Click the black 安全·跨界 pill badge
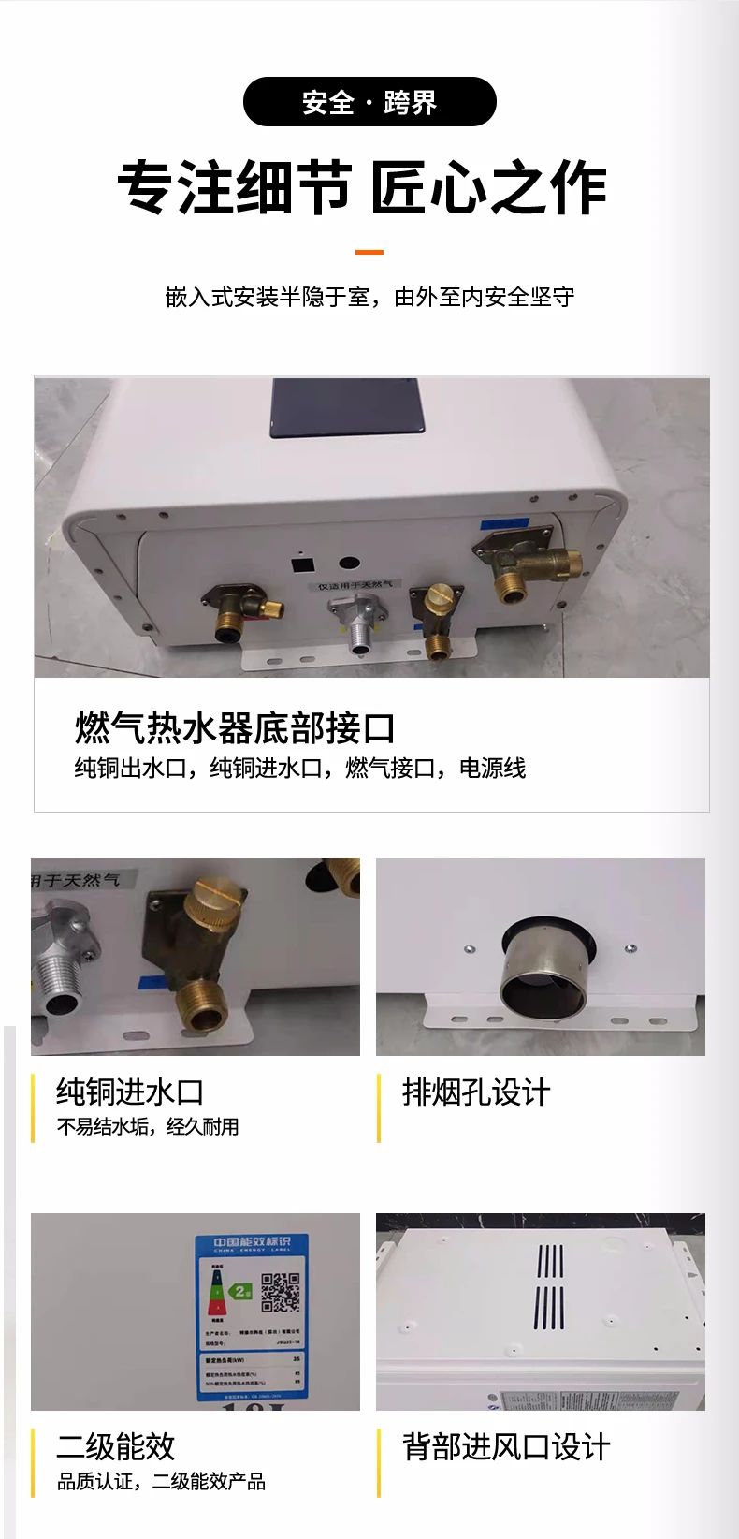(x=369, y=102)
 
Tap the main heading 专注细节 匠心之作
(x=363, y=188)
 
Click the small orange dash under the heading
(x=369, y=252)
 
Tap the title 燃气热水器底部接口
(x=235, y=728)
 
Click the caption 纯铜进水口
(x=130, y=1092)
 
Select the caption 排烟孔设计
(x=476, y=1092)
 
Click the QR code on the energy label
(x=280, y=1292)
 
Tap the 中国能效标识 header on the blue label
(x=252, y=1242)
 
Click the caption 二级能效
(x=116, y=1446)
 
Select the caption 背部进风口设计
(x=506, y=1446)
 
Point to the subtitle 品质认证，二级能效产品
(x=161, y=1482)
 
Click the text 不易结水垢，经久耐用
(x=148, y=1127)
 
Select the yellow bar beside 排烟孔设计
(x=379, y=1107)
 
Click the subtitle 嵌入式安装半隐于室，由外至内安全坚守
(x=369, y=298)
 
